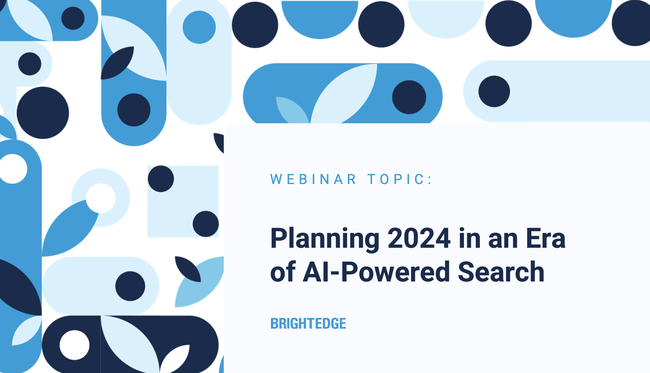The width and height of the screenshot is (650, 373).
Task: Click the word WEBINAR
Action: pos(313,179)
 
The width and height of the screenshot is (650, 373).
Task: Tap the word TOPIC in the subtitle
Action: pos(396,179)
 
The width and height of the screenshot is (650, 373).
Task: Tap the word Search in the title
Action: pos(501,272)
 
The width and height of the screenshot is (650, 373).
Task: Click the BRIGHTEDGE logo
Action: pos(308,323)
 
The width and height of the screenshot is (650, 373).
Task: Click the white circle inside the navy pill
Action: pos(75,345)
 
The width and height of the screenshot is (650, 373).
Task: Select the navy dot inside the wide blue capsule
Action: pos(409,97)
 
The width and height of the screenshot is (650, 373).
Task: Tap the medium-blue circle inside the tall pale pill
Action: pos(199,27)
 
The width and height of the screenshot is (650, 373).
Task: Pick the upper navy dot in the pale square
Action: pos(161,179)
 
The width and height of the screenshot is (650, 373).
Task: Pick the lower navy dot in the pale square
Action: pos(206,224)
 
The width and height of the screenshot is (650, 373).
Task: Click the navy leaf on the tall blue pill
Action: pos(117,63)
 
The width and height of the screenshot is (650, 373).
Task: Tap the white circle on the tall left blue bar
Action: pos(13,169)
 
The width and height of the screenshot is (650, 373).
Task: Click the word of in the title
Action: pos(283,272)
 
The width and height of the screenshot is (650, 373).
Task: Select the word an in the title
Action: pos(503,240)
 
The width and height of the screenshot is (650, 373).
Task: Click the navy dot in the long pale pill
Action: pos(494,92)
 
